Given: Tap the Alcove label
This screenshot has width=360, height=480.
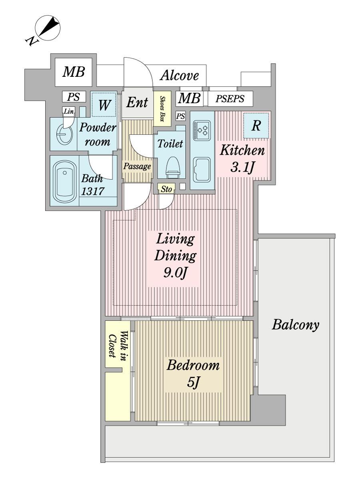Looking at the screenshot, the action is click(180, 76).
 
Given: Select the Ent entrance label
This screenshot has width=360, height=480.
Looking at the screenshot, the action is click(137, 102).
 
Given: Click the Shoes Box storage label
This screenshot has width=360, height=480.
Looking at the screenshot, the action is click(162, 109).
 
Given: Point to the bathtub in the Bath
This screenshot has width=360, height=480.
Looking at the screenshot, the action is click(64, 182).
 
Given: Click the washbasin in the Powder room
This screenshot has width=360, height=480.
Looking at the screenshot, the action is click(64, 134).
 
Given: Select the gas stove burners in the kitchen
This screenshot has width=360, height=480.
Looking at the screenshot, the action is click(202, 130).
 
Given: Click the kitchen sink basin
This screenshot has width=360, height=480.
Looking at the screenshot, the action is click(202, 170).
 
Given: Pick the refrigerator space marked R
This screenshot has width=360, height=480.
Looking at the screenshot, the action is click(256, 126).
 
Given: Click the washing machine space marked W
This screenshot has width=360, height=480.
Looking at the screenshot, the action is click(104, 105).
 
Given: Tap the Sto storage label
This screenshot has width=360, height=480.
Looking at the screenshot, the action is click(166, 189).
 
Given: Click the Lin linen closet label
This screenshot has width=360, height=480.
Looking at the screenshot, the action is click(69, 111).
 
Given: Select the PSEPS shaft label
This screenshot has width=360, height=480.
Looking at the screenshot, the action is click(230, 99).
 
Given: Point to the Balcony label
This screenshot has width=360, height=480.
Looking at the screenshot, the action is click(296, 325).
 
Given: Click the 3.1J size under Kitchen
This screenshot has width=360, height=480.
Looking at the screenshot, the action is click(242, 168).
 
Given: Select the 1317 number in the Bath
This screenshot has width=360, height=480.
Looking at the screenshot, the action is click(92, 191).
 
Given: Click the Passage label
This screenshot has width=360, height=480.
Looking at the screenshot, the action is click(137, 166).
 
